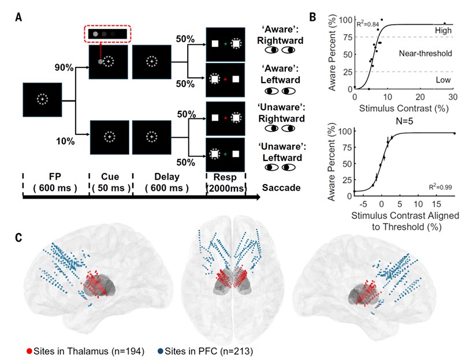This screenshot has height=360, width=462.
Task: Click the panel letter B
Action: pyautogui.click(x=312, y=17)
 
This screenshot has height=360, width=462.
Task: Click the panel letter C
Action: pyautogui.click(x=20, y=237)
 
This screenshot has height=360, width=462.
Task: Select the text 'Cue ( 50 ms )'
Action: pyautogui.click(x=110, y=182)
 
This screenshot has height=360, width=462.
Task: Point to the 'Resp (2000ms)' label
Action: pyautogui.click(x=226, y=182)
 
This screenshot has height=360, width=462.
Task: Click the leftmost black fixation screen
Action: pyautogui.click(x=42, y=102)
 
